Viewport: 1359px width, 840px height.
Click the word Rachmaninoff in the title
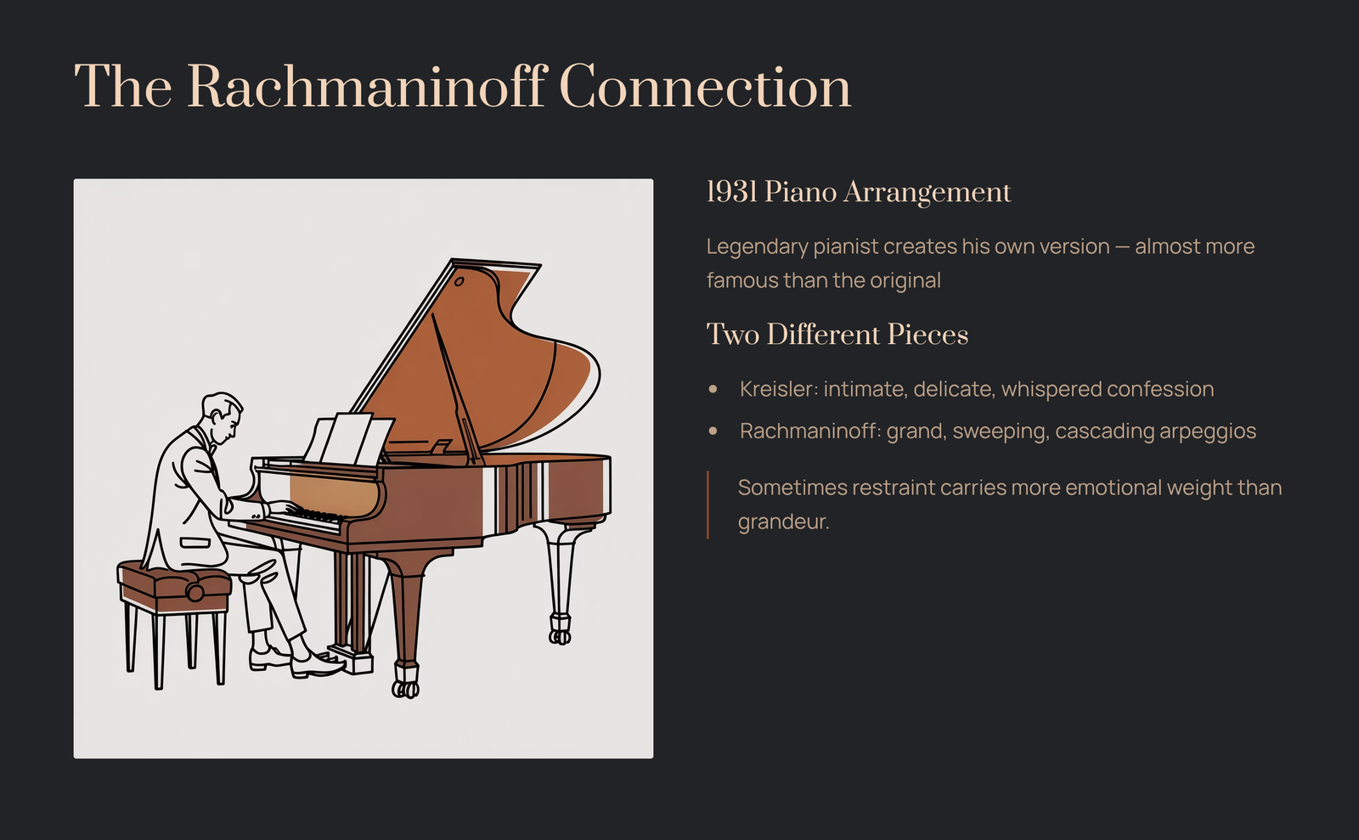coord(368,86)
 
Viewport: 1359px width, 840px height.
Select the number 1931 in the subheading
coord(731,192)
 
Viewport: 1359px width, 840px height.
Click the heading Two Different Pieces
coord(837,334)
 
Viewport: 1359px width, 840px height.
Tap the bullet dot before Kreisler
coord(713,389)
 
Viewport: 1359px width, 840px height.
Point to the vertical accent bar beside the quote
coord(708,505)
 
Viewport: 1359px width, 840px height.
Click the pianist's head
coord(222,418)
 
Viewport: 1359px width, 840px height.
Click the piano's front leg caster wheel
coord(405,688)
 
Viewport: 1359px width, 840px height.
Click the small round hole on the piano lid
coord(460,281)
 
